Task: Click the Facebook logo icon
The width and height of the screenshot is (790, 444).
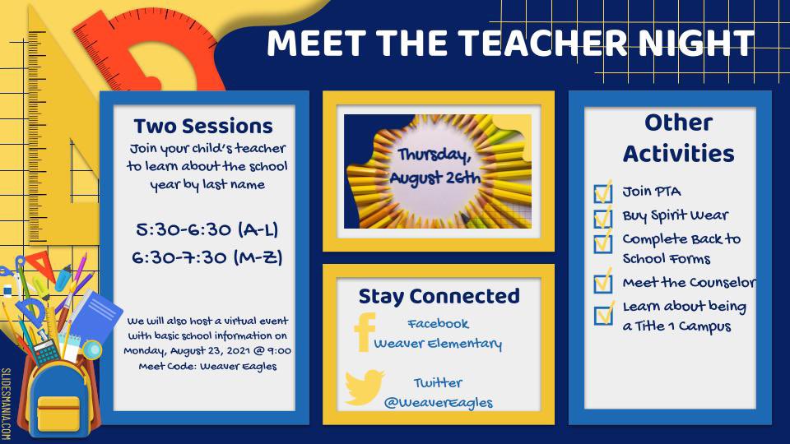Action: click(364, 332)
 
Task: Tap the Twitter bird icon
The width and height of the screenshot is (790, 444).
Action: click(365, 386)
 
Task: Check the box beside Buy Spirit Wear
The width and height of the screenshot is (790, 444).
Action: click(603, 217)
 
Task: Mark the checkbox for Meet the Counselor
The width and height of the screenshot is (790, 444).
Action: click(603, 283)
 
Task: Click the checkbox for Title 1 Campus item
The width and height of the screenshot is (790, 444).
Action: click(603, 313)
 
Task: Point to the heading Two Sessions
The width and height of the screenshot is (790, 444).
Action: click(203, 126)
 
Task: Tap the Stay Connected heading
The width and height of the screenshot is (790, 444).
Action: click(439, 296)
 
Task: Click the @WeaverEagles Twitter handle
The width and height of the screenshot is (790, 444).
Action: click(439, 402)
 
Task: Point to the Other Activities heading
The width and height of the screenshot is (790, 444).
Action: click(678, 137)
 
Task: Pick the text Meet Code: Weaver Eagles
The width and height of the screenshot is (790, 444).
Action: click(207, 366)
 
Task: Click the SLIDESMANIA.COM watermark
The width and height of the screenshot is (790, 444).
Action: click(7, 404)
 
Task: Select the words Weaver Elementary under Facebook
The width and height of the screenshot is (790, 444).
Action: click(438, 344)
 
